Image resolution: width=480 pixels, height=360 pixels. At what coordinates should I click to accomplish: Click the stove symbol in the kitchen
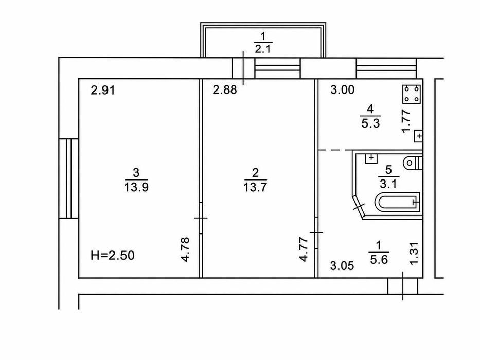(412, 94)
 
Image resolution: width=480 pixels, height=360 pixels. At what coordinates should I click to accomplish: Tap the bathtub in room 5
(397, 202)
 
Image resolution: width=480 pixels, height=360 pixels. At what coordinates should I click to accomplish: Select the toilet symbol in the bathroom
(413, 163)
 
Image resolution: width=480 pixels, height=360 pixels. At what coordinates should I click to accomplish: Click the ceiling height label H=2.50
(112, 255)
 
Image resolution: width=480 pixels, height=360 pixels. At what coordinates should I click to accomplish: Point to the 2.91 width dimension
(103, 91)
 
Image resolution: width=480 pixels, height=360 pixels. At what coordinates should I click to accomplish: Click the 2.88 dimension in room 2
(225, 90)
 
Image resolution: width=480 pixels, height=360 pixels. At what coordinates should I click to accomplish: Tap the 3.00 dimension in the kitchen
(343, 89)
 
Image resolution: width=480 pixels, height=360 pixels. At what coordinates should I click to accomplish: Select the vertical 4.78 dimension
(186, 249)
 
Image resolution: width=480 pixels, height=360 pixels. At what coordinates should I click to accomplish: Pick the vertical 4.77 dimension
(304, 249)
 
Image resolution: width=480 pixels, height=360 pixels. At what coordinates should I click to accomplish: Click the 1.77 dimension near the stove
(406, 121)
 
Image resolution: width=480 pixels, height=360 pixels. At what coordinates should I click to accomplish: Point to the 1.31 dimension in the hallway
(414, 253)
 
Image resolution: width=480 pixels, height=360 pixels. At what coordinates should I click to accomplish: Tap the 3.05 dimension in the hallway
(342, 266)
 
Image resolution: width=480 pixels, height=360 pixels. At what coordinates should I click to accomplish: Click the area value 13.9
(136, 187)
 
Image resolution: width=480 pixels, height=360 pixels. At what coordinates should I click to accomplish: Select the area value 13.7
(255, 187)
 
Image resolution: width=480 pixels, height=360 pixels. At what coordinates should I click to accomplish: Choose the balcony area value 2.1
(263, 49)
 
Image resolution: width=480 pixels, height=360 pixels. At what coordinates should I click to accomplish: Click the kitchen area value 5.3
(370, 123)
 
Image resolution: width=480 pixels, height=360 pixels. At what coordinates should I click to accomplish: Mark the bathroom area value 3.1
(388, 184)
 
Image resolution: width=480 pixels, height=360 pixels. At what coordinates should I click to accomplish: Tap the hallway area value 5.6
(379, 260)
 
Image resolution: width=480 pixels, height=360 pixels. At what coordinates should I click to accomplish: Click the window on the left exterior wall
(69, 178)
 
